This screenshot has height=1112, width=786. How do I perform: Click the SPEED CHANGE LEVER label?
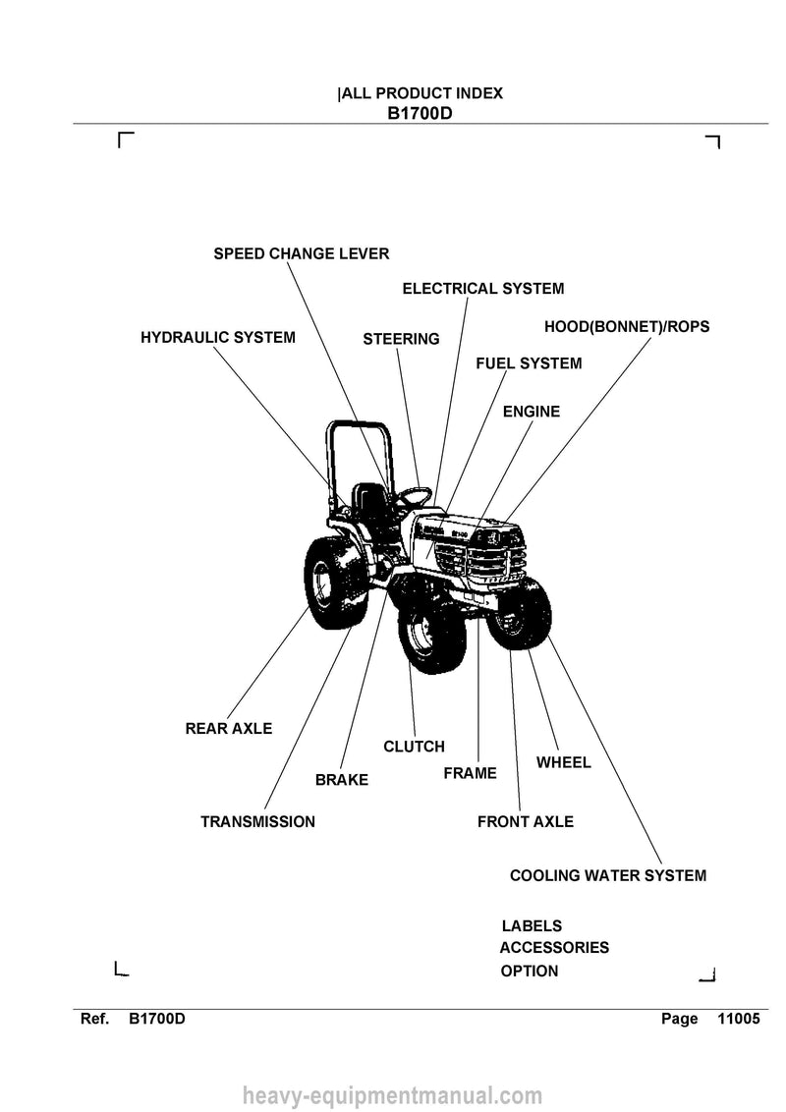click(302, 253)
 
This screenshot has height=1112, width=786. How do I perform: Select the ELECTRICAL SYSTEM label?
click(483, 289)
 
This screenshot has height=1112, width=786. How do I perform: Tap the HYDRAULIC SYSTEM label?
click(218, 338)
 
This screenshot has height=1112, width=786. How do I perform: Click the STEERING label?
click(401, 339)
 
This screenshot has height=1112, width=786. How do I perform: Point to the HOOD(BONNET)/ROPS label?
click(627, 327)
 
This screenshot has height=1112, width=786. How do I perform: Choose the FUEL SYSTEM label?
click(529, 363)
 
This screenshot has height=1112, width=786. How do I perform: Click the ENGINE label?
click(532, 412)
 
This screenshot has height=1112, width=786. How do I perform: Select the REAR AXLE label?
click(228, 728)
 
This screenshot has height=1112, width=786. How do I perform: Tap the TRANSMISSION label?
click(257, 822)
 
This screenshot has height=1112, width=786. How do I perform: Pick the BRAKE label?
click(342, 780)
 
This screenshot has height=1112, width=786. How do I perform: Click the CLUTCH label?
click(414, 747)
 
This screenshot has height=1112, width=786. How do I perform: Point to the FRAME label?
click(470, 773)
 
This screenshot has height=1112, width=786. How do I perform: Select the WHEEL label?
click(563, 762)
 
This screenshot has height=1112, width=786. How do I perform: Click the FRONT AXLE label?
click(525, 822)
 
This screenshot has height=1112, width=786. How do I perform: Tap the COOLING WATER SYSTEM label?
click(608, 876)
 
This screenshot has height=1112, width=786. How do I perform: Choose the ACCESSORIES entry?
click(554, 948)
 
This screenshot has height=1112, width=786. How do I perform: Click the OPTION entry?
click(530, 971)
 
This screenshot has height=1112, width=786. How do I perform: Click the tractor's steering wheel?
click(415, 495)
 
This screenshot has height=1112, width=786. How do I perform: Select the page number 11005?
click(739, 1019)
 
